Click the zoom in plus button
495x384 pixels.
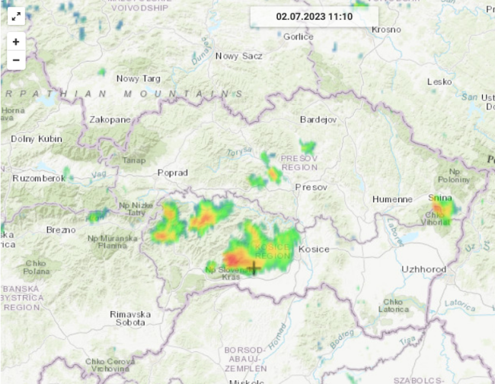pyautogui.click(x=16, y=42)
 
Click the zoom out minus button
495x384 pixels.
pyautogui.click(x=16, y=60)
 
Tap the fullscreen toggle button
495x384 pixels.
pyautogui.click(x=16, y=17)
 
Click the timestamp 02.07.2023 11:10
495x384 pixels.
pyautogui.click(x=314, y=16)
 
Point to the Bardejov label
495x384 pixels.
pyautogui.click(x=318, y=119)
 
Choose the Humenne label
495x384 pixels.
pyautogui.click(x=391, y=199)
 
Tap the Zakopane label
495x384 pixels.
pyautogui.click(x=110, y=119)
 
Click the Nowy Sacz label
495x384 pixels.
pyautogui.click(x=238, y=56)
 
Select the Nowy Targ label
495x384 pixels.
pyautogui.click(x=138, y=78)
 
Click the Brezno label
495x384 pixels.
pyautogui.click(x=61, y=229)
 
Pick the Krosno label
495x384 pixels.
pyautogui.click(x=385, y=29)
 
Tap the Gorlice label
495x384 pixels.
pyautogui.click(x=298, y=36)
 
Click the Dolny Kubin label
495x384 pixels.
pyautogui.click(x=36, y=139)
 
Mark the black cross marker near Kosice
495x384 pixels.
pyautogui.click(x=253, y=267)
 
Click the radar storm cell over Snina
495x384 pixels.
pyautogui.click(x=442, y=208)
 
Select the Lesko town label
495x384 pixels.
pyautogui.click(x=439, y=81)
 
